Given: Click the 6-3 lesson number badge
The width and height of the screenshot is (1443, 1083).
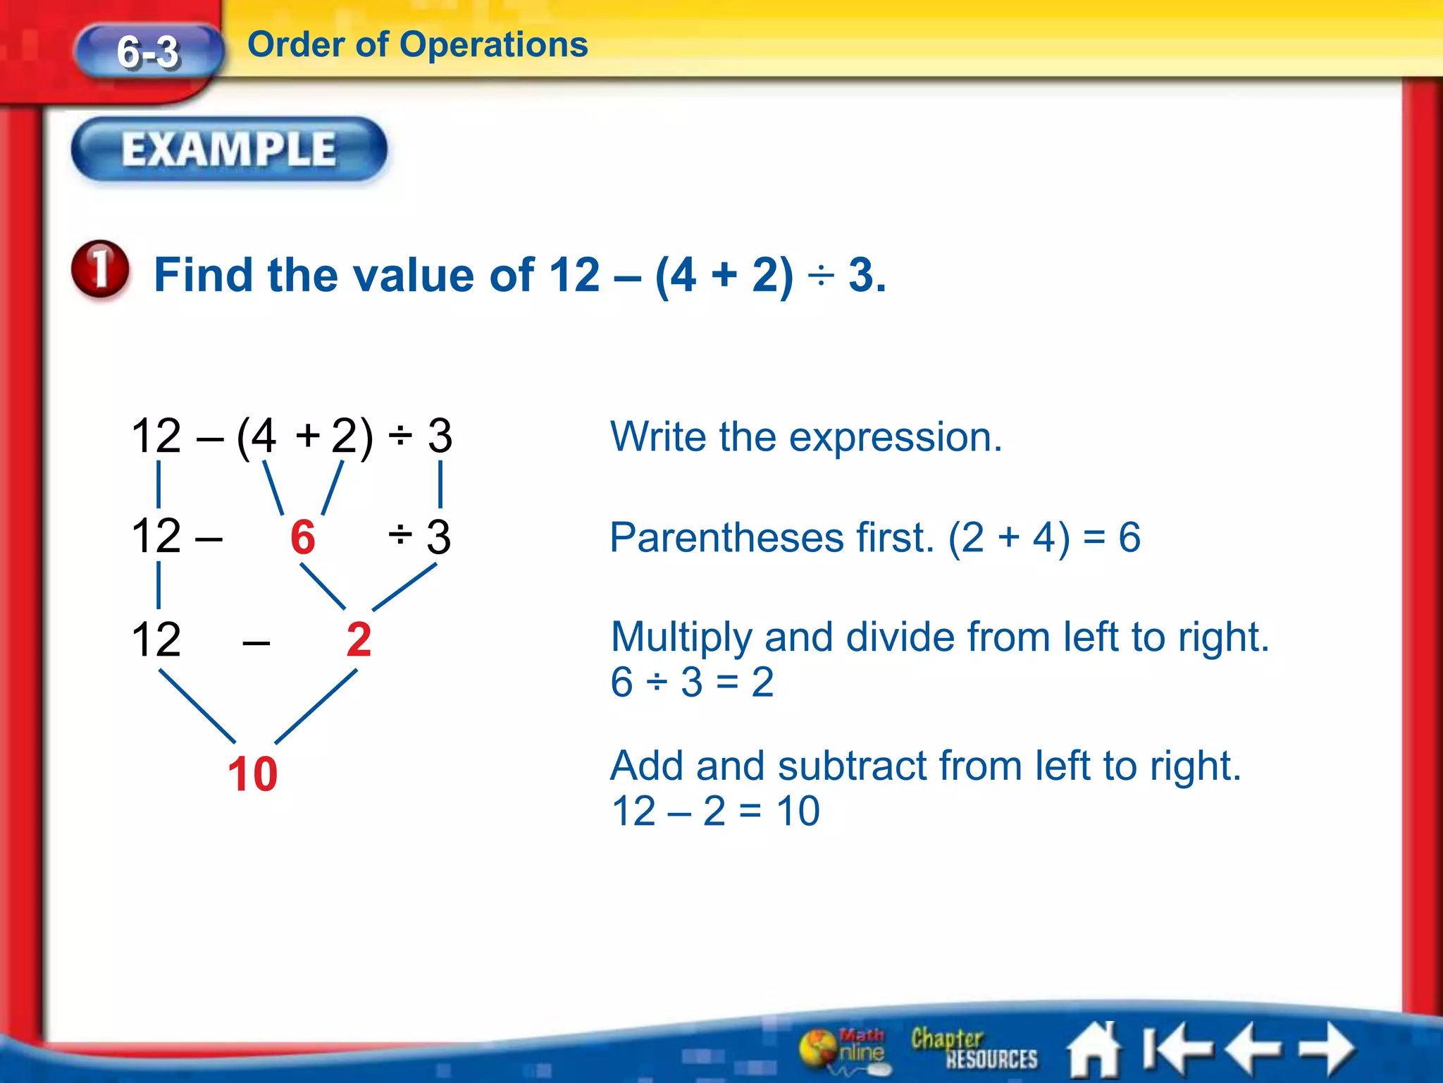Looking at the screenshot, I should [x=148, y=52].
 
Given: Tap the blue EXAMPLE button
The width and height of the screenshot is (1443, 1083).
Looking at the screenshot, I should [x=229, y=149].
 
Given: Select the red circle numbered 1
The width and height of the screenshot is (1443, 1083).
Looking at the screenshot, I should [x=101, y=270].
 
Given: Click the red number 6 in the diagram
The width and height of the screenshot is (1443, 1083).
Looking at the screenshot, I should [x=303, y=537].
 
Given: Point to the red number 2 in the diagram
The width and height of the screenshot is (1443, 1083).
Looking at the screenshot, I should [x=359, y=640].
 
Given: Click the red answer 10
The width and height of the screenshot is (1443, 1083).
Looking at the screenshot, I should [x=252, y=774].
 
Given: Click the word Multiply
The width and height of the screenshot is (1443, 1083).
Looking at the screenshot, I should [x=681, y=637].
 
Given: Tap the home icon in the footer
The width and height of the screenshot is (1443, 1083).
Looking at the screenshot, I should [x=1093, y=1050].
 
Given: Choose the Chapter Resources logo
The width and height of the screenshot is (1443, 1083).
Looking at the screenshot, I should [x=974, y=1048].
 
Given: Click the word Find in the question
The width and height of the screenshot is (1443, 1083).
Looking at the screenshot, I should [x=202, y=275].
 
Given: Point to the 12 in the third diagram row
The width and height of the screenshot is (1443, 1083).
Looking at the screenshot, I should [x=156, y=640].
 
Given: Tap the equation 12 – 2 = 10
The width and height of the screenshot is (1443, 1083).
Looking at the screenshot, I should [x=715, y=811].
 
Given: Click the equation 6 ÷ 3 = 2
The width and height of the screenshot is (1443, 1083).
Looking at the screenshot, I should [x=692, y=683].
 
